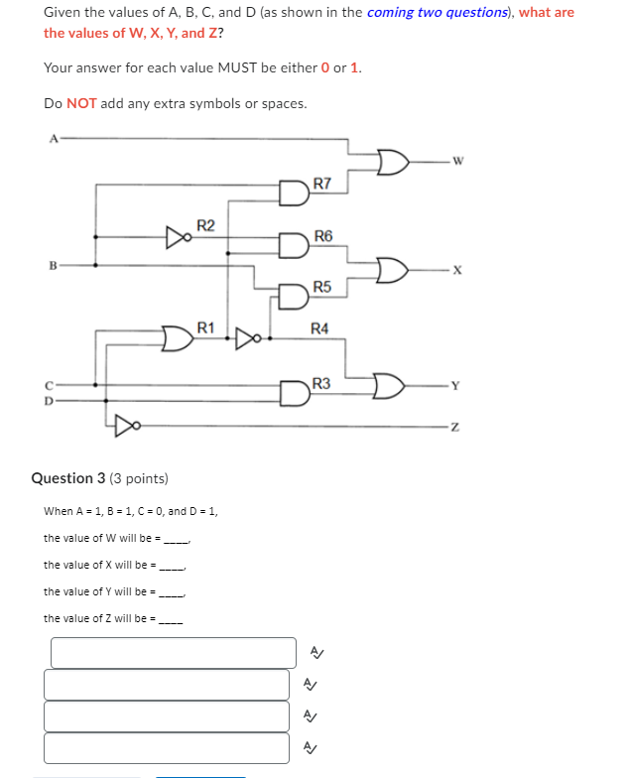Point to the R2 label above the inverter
coord(205,225)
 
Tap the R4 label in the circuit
coord(319,328)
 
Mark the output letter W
coord(456,161)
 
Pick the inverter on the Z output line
coord(123,426)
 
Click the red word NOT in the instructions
coord(81,103)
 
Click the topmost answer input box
coord(174,653)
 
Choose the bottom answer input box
coord(167,747)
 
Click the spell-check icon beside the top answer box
coord(315,652)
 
